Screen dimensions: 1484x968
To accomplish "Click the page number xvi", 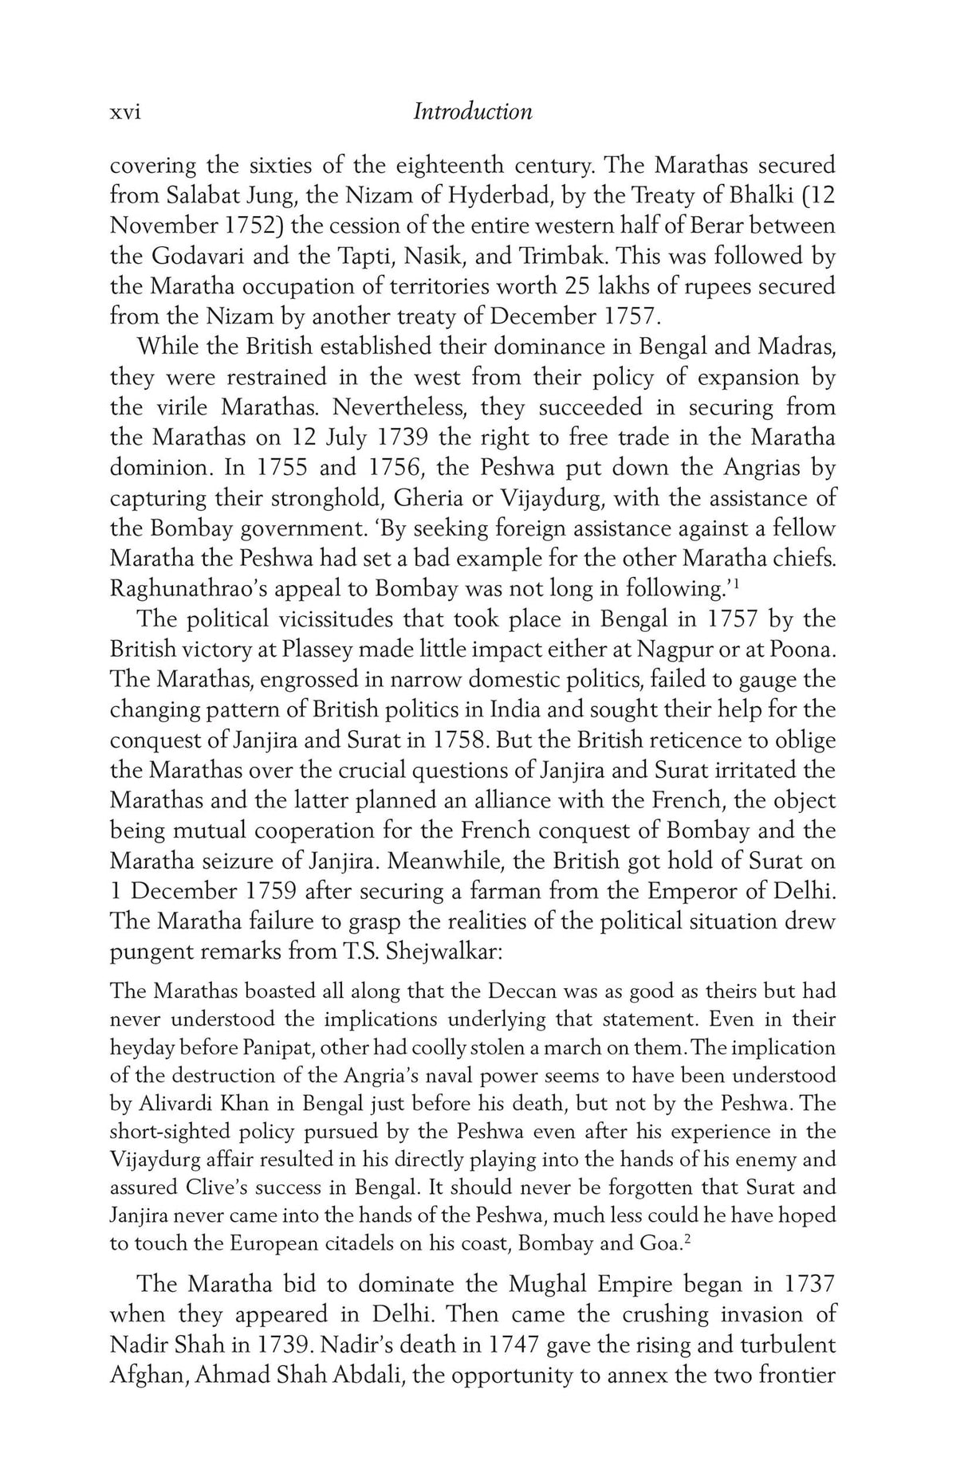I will (125, 112).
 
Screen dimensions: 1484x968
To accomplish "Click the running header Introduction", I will (472, 112).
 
